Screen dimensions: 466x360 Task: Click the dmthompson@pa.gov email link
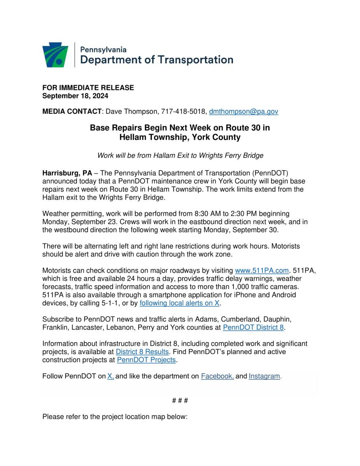point(243,111)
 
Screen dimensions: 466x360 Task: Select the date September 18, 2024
point(75,96)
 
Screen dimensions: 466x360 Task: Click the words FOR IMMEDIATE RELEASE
point(88,88)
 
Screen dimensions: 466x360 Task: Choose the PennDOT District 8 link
point(253,327)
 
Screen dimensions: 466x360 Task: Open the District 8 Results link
point(142,352)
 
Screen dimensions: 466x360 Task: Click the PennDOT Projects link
point(146,360)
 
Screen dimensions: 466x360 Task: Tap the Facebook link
point(217,376)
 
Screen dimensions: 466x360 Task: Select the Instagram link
point(264,376)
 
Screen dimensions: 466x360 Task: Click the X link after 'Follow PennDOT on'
point(110,376)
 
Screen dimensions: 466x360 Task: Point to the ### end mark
point(180,400)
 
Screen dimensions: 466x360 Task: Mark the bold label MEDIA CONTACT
point(72,111)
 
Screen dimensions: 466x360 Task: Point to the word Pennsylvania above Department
point(103,50)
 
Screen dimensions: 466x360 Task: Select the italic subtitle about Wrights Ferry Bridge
point(180,156)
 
